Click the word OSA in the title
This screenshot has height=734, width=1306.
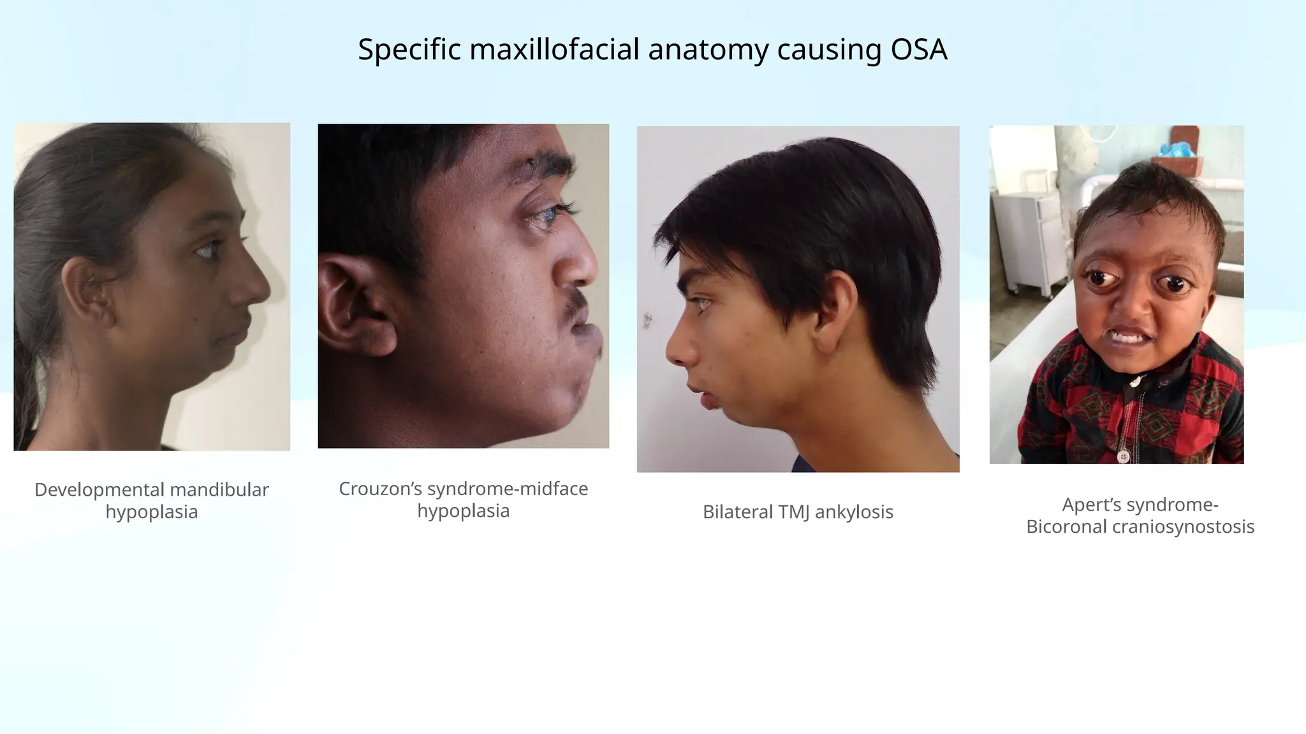tap(919, 50)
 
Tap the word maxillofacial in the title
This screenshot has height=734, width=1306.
tap(554, 50)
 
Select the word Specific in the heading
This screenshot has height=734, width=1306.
tap(409, 50)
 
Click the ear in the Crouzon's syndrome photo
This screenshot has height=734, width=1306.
tap(354, 306)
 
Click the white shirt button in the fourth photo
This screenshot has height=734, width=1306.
tap(1123, 456)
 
